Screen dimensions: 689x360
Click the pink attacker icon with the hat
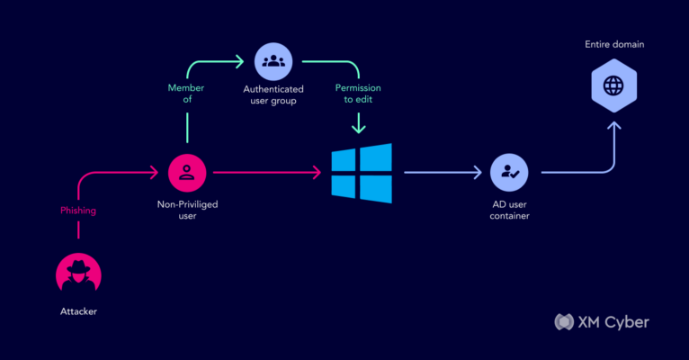[78, 274]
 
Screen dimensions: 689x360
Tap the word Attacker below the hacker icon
[78, 311]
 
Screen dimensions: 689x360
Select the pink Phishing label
[78, 211]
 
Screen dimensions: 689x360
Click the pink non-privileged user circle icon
[187, 173]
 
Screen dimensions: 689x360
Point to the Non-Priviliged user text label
[188, 210]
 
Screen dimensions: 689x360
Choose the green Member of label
[186, 94]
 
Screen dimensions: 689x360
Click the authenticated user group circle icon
[273, 61]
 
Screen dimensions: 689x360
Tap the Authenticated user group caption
[273, 94]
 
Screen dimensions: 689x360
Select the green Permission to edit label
[358, 94]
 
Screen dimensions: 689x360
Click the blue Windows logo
[362, 173]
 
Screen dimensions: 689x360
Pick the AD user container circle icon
[509, 172]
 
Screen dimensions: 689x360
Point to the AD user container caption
[510, 210]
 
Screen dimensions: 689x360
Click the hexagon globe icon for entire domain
[613, 85]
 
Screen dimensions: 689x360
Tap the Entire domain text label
[614, 44]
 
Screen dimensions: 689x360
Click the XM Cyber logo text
[613, 322]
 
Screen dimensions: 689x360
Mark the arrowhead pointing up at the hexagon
[613, 126]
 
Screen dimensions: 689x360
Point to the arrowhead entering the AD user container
[478, 172]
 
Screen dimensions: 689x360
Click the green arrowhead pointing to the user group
[239, 61]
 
